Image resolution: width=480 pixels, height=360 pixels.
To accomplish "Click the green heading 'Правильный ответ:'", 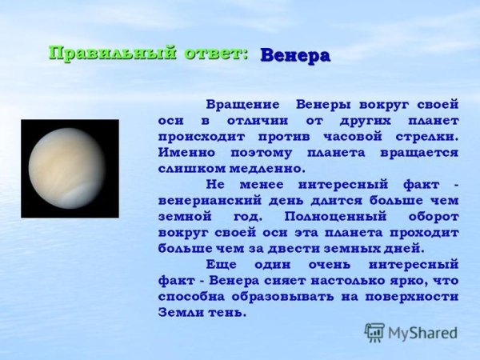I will [149, 54].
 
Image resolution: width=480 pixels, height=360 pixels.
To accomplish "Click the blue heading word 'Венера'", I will [295, 56].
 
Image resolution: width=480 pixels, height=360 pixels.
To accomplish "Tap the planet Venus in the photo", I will [70, 168].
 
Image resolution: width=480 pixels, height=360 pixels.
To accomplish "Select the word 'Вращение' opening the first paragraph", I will [243, 105].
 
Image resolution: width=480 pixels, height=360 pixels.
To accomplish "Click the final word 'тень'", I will [228, 312].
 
